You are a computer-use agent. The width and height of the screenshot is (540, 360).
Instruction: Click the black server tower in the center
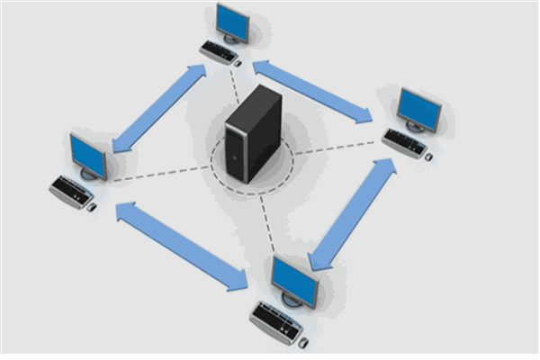pyautogui.click(x=252, y=135)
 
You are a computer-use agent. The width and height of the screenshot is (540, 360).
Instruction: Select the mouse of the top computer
pyautogui.click(x=238, y=63)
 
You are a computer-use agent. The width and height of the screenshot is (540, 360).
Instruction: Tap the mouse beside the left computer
pyautogui.click(x=92, y=207)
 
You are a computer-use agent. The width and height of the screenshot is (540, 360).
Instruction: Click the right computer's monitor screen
pyautogui.click(x=419, y=110)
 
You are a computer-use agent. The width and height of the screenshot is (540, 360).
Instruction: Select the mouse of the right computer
pyautogui.click(x=428, y=157)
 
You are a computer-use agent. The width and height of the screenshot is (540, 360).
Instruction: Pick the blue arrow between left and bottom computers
pyautogui.click(x=181, y=247)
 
